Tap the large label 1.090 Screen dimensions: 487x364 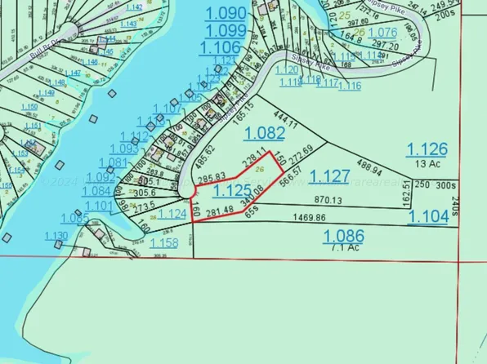[226, 13]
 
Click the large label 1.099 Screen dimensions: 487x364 [226, 30]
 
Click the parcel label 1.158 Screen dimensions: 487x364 [164, 243]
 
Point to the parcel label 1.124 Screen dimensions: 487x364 [172, 214]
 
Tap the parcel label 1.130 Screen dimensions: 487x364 [57, 237]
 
